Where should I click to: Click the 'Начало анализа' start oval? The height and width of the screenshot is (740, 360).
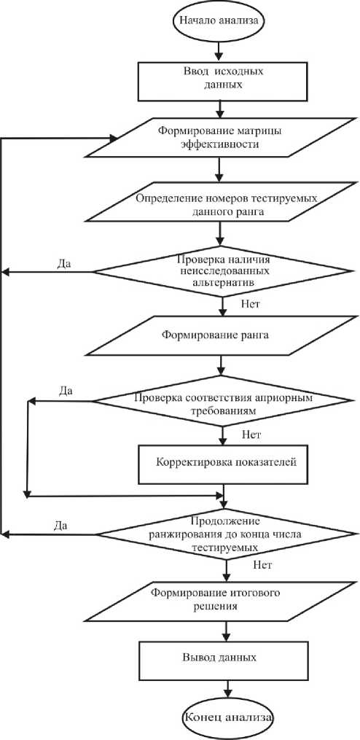pos(220,21)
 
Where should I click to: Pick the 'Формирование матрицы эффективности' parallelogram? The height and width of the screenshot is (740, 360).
pos(220,138)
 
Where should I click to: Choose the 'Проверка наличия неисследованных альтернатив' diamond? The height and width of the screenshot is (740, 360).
pos(223,271)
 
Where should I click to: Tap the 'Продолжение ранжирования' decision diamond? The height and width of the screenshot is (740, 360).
pos(224,534)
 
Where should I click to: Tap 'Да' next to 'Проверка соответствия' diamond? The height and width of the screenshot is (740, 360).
pos(66,391)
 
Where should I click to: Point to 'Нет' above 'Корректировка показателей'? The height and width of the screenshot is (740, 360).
pos(249,435)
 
